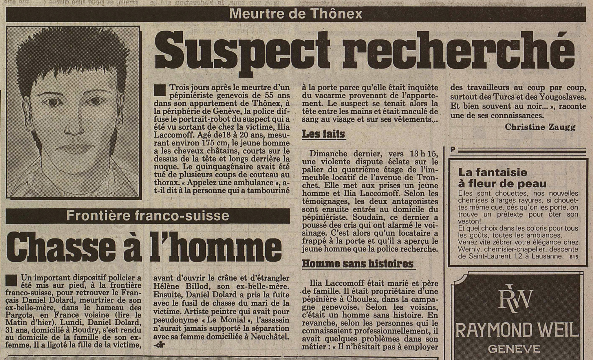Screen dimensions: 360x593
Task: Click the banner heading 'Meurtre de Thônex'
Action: tap(296, 14)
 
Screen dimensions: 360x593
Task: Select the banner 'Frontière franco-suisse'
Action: tap(148, 216)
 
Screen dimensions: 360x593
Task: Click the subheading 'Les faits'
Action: tap(323, 134)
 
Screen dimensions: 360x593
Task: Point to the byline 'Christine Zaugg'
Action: tap(540, 127)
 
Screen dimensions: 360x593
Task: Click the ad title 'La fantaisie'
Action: tap(493, 172)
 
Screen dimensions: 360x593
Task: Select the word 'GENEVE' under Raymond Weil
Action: tap(514, 349)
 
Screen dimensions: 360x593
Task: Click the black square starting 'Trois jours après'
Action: tap(159, 90)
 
